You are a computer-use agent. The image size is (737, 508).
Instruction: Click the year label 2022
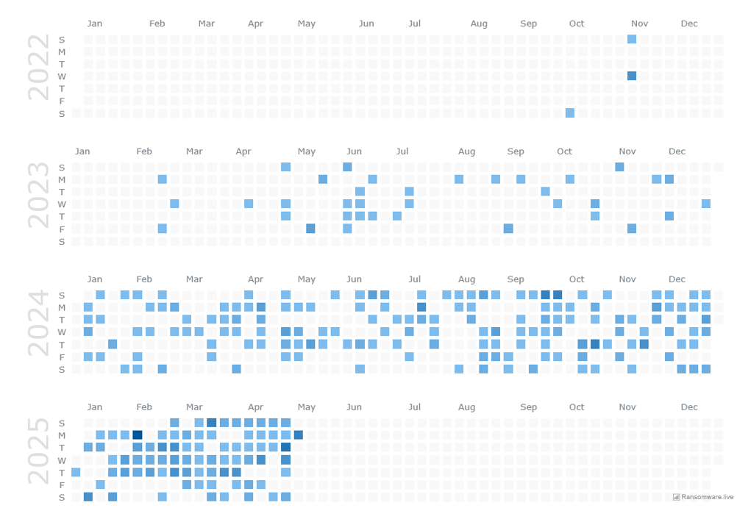pos(38,68)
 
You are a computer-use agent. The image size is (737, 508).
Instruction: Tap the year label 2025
pos(38,451)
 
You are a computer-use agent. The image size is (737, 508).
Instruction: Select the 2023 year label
pos(38,196)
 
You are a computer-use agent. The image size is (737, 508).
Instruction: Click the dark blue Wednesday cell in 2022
pos(632,76)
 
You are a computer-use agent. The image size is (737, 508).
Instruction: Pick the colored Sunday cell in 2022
pos(632,39)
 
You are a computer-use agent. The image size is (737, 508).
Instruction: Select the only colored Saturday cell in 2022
pos(570,112)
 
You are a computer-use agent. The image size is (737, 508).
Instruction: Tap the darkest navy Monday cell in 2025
pos(138,435)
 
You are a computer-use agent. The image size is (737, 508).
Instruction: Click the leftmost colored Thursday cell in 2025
pos(76,472)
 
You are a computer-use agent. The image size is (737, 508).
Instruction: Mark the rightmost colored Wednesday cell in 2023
pos(706,204)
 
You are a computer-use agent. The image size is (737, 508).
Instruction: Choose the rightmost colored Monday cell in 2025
pos(298,435)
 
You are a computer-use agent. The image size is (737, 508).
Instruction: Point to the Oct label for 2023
pos(564,151)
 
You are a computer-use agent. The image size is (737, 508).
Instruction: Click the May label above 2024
pos(307,279)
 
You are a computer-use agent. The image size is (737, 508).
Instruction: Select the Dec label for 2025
pos(689,407)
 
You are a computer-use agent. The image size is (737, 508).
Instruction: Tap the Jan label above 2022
pos(94,24)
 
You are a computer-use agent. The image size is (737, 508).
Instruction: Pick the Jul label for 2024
pos(415,279)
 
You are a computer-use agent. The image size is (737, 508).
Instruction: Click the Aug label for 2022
pos(479,24)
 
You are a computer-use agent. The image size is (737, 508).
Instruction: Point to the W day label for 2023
pos(62,204)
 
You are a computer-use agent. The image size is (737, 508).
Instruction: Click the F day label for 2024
pos(62,357)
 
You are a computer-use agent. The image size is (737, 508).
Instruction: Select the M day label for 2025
pos(62,436)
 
